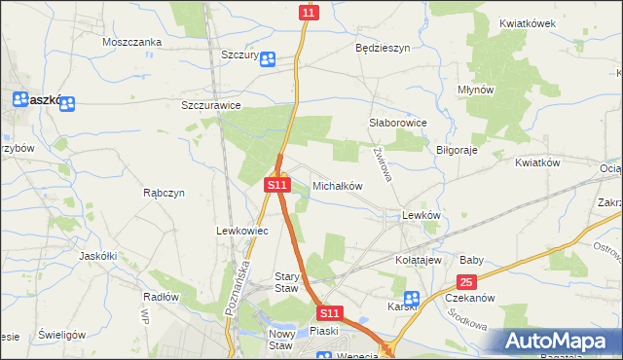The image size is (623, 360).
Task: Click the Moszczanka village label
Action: (x=131, y=43)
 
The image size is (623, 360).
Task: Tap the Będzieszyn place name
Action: (x=383, y=47)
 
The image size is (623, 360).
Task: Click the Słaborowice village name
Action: (x=398, y=124)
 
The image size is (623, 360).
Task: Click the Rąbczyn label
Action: (x=164, y=193)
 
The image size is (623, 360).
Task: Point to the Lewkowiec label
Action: (x=235, y=231)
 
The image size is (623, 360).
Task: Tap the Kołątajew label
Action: (x=419, y=261)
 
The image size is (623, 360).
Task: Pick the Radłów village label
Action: (x=161, y=296)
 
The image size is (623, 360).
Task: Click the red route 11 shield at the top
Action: (x=309, y=13)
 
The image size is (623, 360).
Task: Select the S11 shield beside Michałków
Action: (x=277, y=184)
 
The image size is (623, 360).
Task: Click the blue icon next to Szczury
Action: (x=268, y=58)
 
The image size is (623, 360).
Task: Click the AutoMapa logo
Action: (x=558, y=342)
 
